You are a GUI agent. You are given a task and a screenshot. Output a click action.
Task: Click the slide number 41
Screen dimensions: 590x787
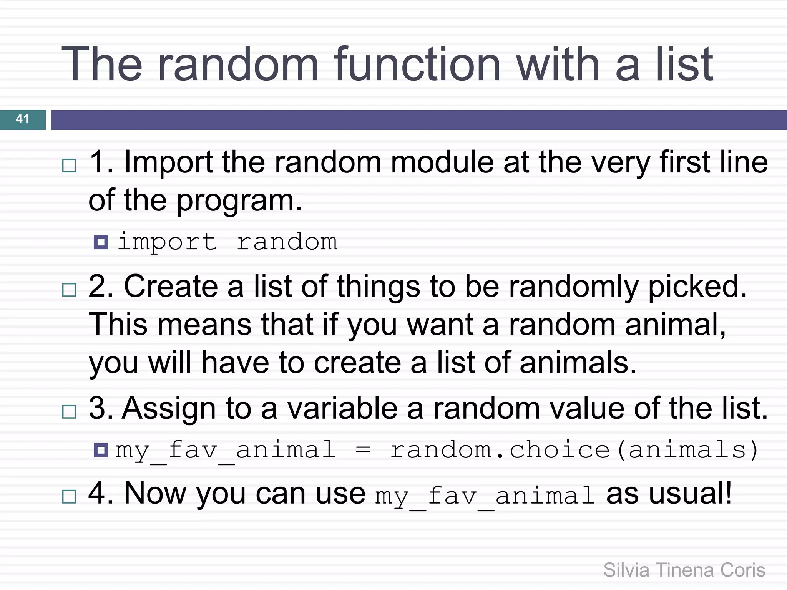(x=22, y=119)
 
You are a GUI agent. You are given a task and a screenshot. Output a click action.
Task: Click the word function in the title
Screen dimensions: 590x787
(x=417, y=65)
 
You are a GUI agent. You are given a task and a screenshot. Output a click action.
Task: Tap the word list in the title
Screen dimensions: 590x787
(x=684, y=65)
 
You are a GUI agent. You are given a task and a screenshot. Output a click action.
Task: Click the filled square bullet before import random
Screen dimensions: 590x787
(x=101, y=242)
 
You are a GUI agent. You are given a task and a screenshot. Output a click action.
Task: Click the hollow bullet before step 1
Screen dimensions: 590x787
(x=69, y=166)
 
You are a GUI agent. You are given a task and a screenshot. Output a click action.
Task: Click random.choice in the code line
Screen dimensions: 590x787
(x=500, y=450)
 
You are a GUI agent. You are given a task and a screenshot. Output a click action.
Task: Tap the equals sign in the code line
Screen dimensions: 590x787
(x=363, y=450)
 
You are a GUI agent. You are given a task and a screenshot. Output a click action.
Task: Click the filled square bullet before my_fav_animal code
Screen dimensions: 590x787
(x=101, y=450)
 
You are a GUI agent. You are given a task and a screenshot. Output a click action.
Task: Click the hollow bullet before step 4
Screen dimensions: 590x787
(x=69, y=497)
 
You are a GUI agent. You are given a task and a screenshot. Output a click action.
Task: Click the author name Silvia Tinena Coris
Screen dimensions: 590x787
(x=684, y=570)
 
